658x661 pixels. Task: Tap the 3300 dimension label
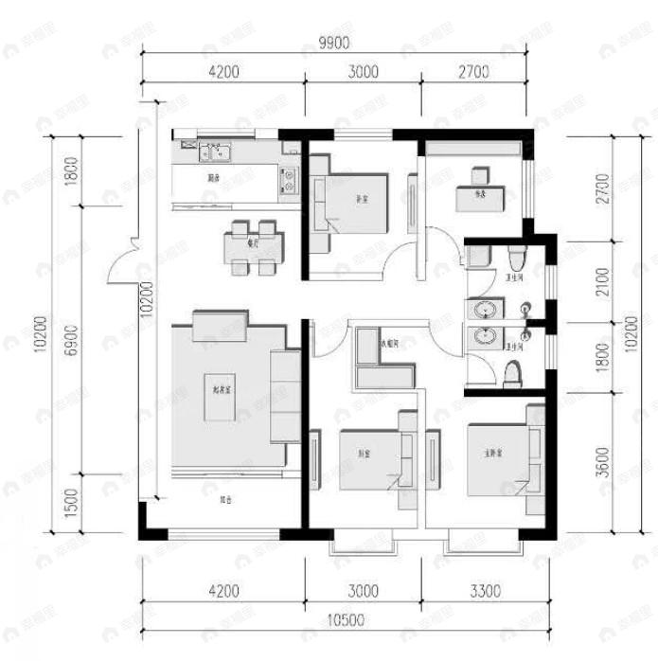coord(484,592)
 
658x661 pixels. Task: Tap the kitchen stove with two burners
coord(288,180)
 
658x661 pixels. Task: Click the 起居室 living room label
coord(224,387)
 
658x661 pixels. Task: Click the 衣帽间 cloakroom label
coord(388,344)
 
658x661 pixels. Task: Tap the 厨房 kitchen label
coord(215,177)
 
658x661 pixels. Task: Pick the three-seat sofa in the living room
coord(286,396)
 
